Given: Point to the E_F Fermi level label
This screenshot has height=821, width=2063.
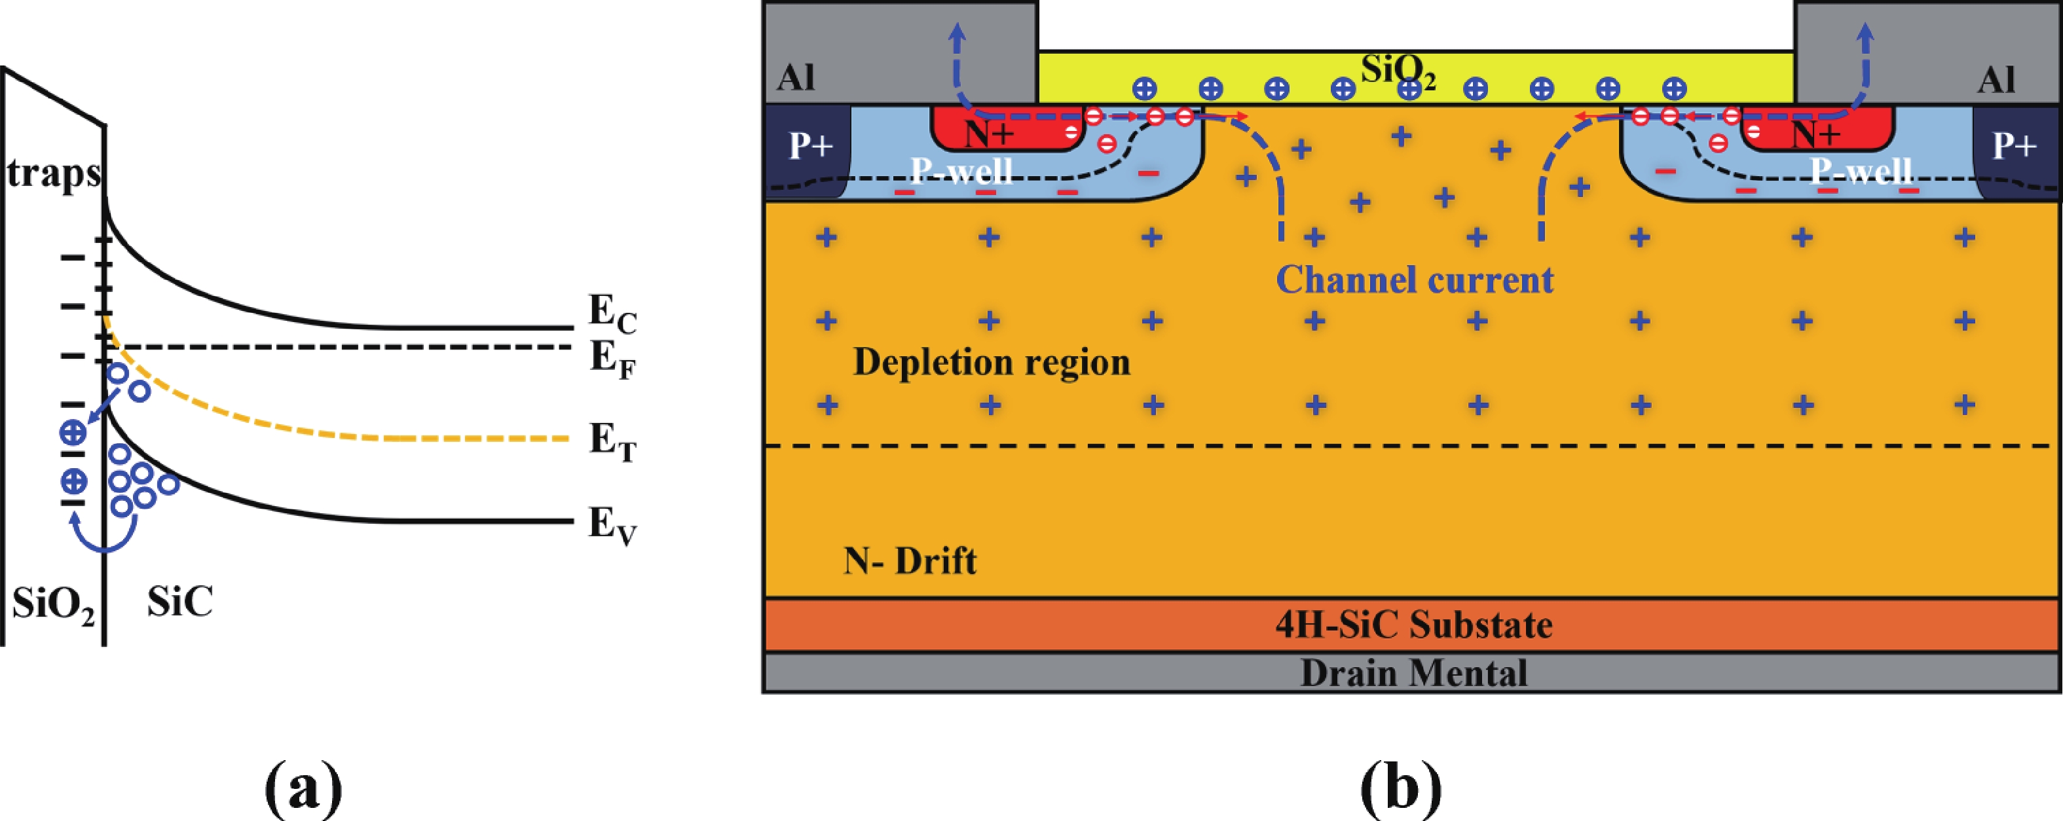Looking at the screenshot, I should [x=612, y=358].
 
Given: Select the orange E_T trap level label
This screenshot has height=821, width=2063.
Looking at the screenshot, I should [x=612, y=441].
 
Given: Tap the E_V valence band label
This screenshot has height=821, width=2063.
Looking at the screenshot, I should [x=612, y=526].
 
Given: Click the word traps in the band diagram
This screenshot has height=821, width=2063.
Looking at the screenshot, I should [x=54, y=173].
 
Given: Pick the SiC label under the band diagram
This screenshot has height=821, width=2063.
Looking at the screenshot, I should [x=180, y=602].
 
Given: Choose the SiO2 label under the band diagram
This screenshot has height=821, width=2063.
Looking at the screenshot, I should [x=53, y=606].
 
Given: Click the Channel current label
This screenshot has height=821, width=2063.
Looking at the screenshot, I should [x=1415, y=280].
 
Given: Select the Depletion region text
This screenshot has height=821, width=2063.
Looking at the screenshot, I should [x=992, y=362].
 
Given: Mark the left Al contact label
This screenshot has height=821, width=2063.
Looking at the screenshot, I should [x=796, y=79].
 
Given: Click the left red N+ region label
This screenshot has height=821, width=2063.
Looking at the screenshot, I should [x=990, y=136].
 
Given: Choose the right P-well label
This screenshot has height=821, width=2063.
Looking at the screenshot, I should [x=1861, y=171].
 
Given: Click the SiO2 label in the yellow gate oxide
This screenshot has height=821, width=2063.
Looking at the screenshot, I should [x=1398, y=72].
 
